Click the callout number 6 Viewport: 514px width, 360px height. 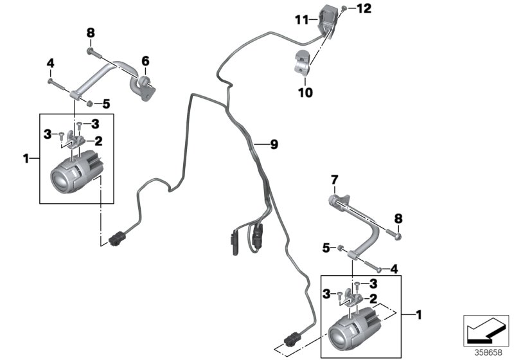click(x=145, y=61)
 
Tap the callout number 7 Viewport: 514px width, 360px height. click(x=333, y=178)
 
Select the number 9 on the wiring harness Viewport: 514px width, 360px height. click(x=274, y=145)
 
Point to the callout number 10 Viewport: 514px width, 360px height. click(x=305, y=93)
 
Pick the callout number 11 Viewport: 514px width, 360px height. click(x=302, y=21)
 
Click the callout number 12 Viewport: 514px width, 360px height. click(x=364, y=8)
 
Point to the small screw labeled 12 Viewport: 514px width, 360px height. click(x=346, y=8)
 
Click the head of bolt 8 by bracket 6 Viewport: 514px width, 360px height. click(x=90, y=51)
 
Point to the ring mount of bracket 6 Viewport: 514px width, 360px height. click(x=146, y=82)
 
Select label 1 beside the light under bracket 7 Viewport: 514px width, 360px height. click(x=418, y=315)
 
